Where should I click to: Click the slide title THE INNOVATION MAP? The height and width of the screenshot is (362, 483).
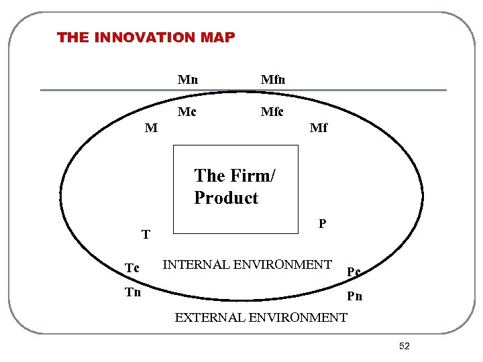pos(146,38)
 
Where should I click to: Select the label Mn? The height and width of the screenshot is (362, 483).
pos(188,79)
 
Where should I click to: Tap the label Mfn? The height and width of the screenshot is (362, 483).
pos(272,79)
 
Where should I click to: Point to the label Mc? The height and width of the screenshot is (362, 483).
pos(186,111)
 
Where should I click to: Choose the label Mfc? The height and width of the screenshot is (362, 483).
pos(272,111)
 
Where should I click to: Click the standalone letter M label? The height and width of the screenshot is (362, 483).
pos(152,127)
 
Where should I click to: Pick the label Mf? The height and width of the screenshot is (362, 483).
pos(319,127)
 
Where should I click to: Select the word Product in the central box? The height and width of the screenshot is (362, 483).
pos(226,198)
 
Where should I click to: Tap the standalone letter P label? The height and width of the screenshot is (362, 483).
pos(323,223)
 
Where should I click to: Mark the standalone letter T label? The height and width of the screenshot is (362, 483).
pos(146,235)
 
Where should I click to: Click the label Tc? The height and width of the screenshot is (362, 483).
pos(132,268)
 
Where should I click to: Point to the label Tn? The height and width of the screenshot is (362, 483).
pos(133,292)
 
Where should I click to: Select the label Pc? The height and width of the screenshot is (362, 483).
pos(354,271)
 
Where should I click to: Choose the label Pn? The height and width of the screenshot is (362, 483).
pos(354,296)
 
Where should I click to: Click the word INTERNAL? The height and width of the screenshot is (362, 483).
pos(196,265)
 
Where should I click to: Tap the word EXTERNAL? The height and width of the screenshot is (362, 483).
pos(209,318)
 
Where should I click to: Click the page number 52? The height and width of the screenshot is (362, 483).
pos(404,346)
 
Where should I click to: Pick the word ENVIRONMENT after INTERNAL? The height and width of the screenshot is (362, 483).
pos(282,265)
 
